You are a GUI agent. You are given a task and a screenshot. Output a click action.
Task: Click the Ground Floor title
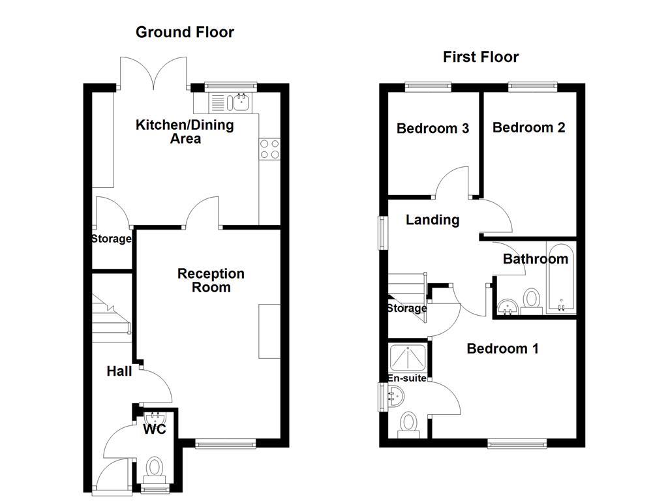(x=185, y=32)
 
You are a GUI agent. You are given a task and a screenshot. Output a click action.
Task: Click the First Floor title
(x=481, y=57)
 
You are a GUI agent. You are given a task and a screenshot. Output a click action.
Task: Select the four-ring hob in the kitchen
(x=269, y=149)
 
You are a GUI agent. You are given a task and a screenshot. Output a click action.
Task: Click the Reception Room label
(x=211, y=281)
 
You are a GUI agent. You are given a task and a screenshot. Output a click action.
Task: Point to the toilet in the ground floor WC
(x=155, y=468)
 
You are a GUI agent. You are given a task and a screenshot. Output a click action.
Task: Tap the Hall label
(x=119, y=371)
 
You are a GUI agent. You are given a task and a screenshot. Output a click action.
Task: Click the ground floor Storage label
(x=111, y=239)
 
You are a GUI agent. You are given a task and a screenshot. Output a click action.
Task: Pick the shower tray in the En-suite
(x=408, y=357)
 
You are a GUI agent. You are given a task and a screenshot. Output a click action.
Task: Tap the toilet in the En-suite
(x=409, y=422)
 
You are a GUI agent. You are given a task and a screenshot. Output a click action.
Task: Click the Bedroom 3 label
(x=433, y=129)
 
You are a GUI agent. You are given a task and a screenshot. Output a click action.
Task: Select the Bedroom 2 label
(x=528, y=127)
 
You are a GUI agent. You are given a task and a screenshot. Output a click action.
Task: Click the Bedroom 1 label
(x=502, y=349)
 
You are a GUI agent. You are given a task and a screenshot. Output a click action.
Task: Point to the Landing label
(x=433, y=220)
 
